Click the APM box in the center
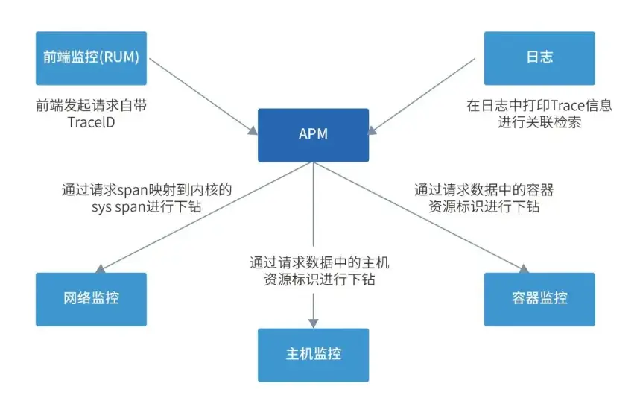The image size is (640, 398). coord(313,135)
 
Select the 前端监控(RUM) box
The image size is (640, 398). coord(91,57)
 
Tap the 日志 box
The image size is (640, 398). coord(539,57)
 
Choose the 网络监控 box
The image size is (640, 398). coord(91,298)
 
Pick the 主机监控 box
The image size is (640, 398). coord(313,355)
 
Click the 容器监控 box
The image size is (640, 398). coord(539,298)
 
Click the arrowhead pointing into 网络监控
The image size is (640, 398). coord(102,269)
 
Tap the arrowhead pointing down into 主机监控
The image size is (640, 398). coord(313,323)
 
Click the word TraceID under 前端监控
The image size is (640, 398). coord(75,121)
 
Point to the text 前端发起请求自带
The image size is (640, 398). coord(91,105)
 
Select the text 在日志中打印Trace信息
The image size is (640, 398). coord(539,105)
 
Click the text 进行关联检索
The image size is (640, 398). coord(539,121)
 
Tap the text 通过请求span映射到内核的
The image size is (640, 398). coord(147,189)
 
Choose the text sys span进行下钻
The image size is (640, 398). coord(147,206)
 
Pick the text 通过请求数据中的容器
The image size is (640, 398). coord(484,189)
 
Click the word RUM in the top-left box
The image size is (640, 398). coord(124,57)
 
